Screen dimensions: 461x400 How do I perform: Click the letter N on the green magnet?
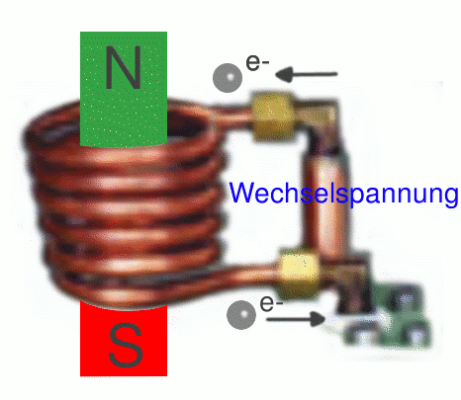tap(124, 68)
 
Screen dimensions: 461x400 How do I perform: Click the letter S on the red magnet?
tap(126, 346)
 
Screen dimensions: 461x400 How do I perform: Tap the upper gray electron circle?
tap(228, 78)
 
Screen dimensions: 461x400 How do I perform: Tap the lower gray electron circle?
tap(241, 315)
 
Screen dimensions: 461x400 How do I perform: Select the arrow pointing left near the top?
tap(307, 74)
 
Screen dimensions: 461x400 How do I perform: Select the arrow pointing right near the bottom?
tap(296, 319)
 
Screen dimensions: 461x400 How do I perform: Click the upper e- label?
tap(257, 62)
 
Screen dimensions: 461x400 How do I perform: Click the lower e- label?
tap(271, 303)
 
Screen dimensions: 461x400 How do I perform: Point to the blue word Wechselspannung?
tap(343, 194)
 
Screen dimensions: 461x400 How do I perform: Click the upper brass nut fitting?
tap(274, 117)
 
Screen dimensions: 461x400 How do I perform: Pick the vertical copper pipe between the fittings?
tap(325, 204)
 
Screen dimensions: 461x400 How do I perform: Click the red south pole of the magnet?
tap(124, 339)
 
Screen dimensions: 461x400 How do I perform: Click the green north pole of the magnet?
tap(124, 88)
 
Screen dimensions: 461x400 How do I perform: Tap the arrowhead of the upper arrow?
tap(284, 74)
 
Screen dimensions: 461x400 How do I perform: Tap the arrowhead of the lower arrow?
tap(318, 319)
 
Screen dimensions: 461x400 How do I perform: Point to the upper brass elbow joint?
tap(319, 116)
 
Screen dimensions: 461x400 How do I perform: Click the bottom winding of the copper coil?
tap(132, 293)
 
